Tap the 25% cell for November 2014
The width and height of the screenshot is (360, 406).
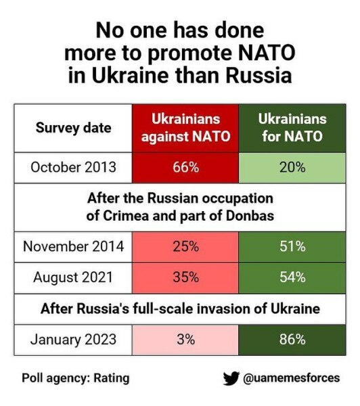pos(185,246)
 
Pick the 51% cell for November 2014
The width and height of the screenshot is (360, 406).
pos(292,246)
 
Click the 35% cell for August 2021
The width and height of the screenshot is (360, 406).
pos(185,277)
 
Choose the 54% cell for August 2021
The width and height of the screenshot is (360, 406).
pos(292,277)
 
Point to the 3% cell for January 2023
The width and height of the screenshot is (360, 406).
pos(185,340)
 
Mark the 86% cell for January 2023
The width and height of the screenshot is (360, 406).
pos(292,340)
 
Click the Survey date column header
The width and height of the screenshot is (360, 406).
pos(73,128)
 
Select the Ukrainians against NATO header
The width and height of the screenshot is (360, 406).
pos(185,128)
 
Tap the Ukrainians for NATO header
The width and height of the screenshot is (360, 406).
pos(292,128)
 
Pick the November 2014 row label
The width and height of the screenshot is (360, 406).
pos(73,246)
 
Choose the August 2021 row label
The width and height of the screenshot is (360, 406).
pos(73,277)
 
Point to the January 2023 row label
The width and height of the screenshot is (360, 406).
pos(73,340)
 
